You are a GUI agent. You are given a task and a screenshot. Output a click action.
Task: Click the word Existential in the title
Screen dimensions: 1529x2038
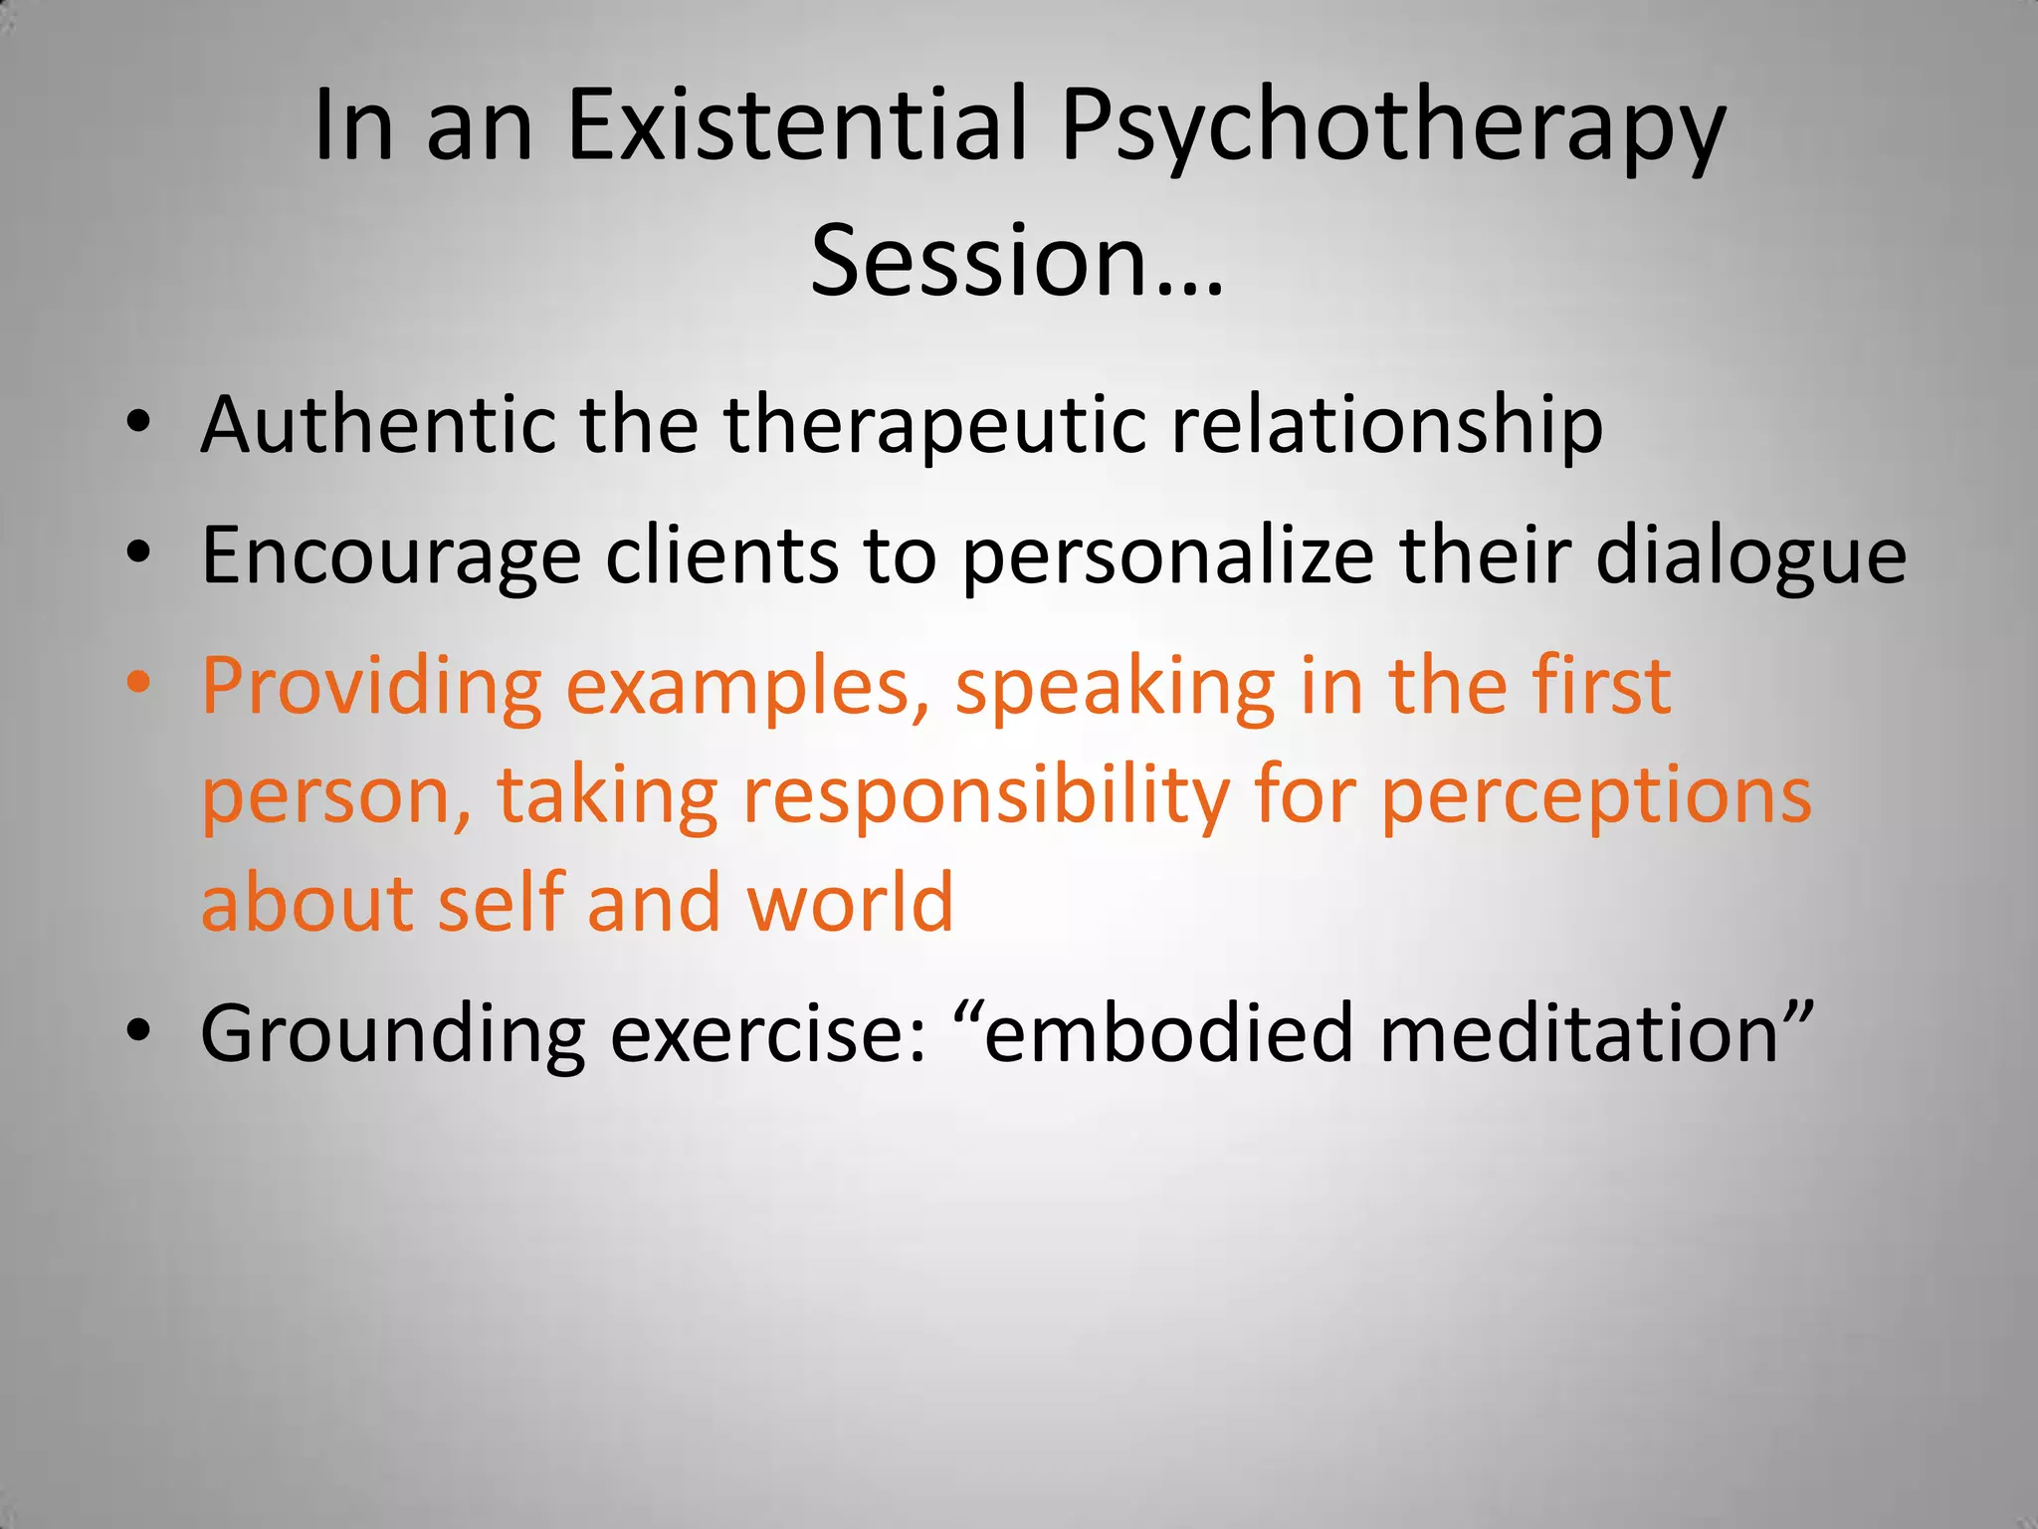tap(796, 124)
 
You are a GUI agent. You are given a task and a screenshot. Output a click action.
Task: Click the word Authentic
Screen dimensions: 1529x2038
tap(378, 425)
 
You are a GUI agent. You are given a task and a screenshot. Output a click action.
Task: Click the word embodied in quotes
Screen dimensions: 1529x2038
tap(1169, 1033)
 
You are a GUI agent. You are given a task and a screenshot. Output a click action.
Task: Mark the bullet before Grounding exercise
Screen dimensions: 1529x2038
tap(138, 1028)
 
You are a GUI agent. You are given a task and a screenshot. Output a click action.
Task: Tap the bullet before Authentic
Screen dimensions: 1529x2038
tap(138, 421)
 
